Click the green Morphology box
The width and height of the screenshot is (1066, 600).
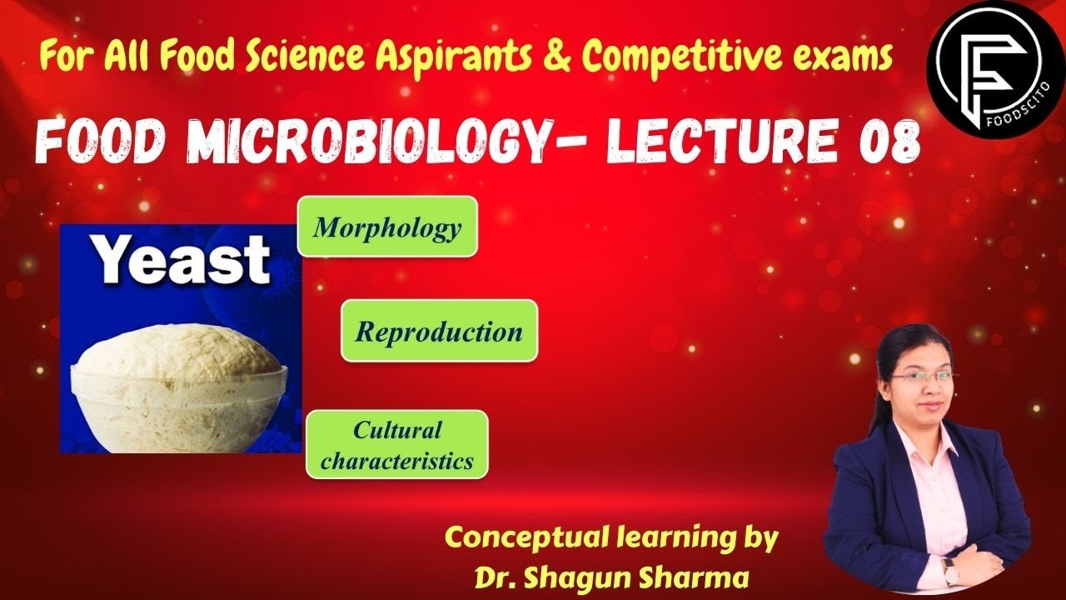coord(387,227)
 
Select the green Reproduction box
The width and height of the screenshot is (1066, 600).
coord(439,331)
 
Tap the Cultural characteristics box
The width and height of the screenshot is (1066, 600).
coord(396,445)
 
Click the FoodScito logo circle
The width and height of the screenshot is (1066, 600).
coord(995,67)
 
